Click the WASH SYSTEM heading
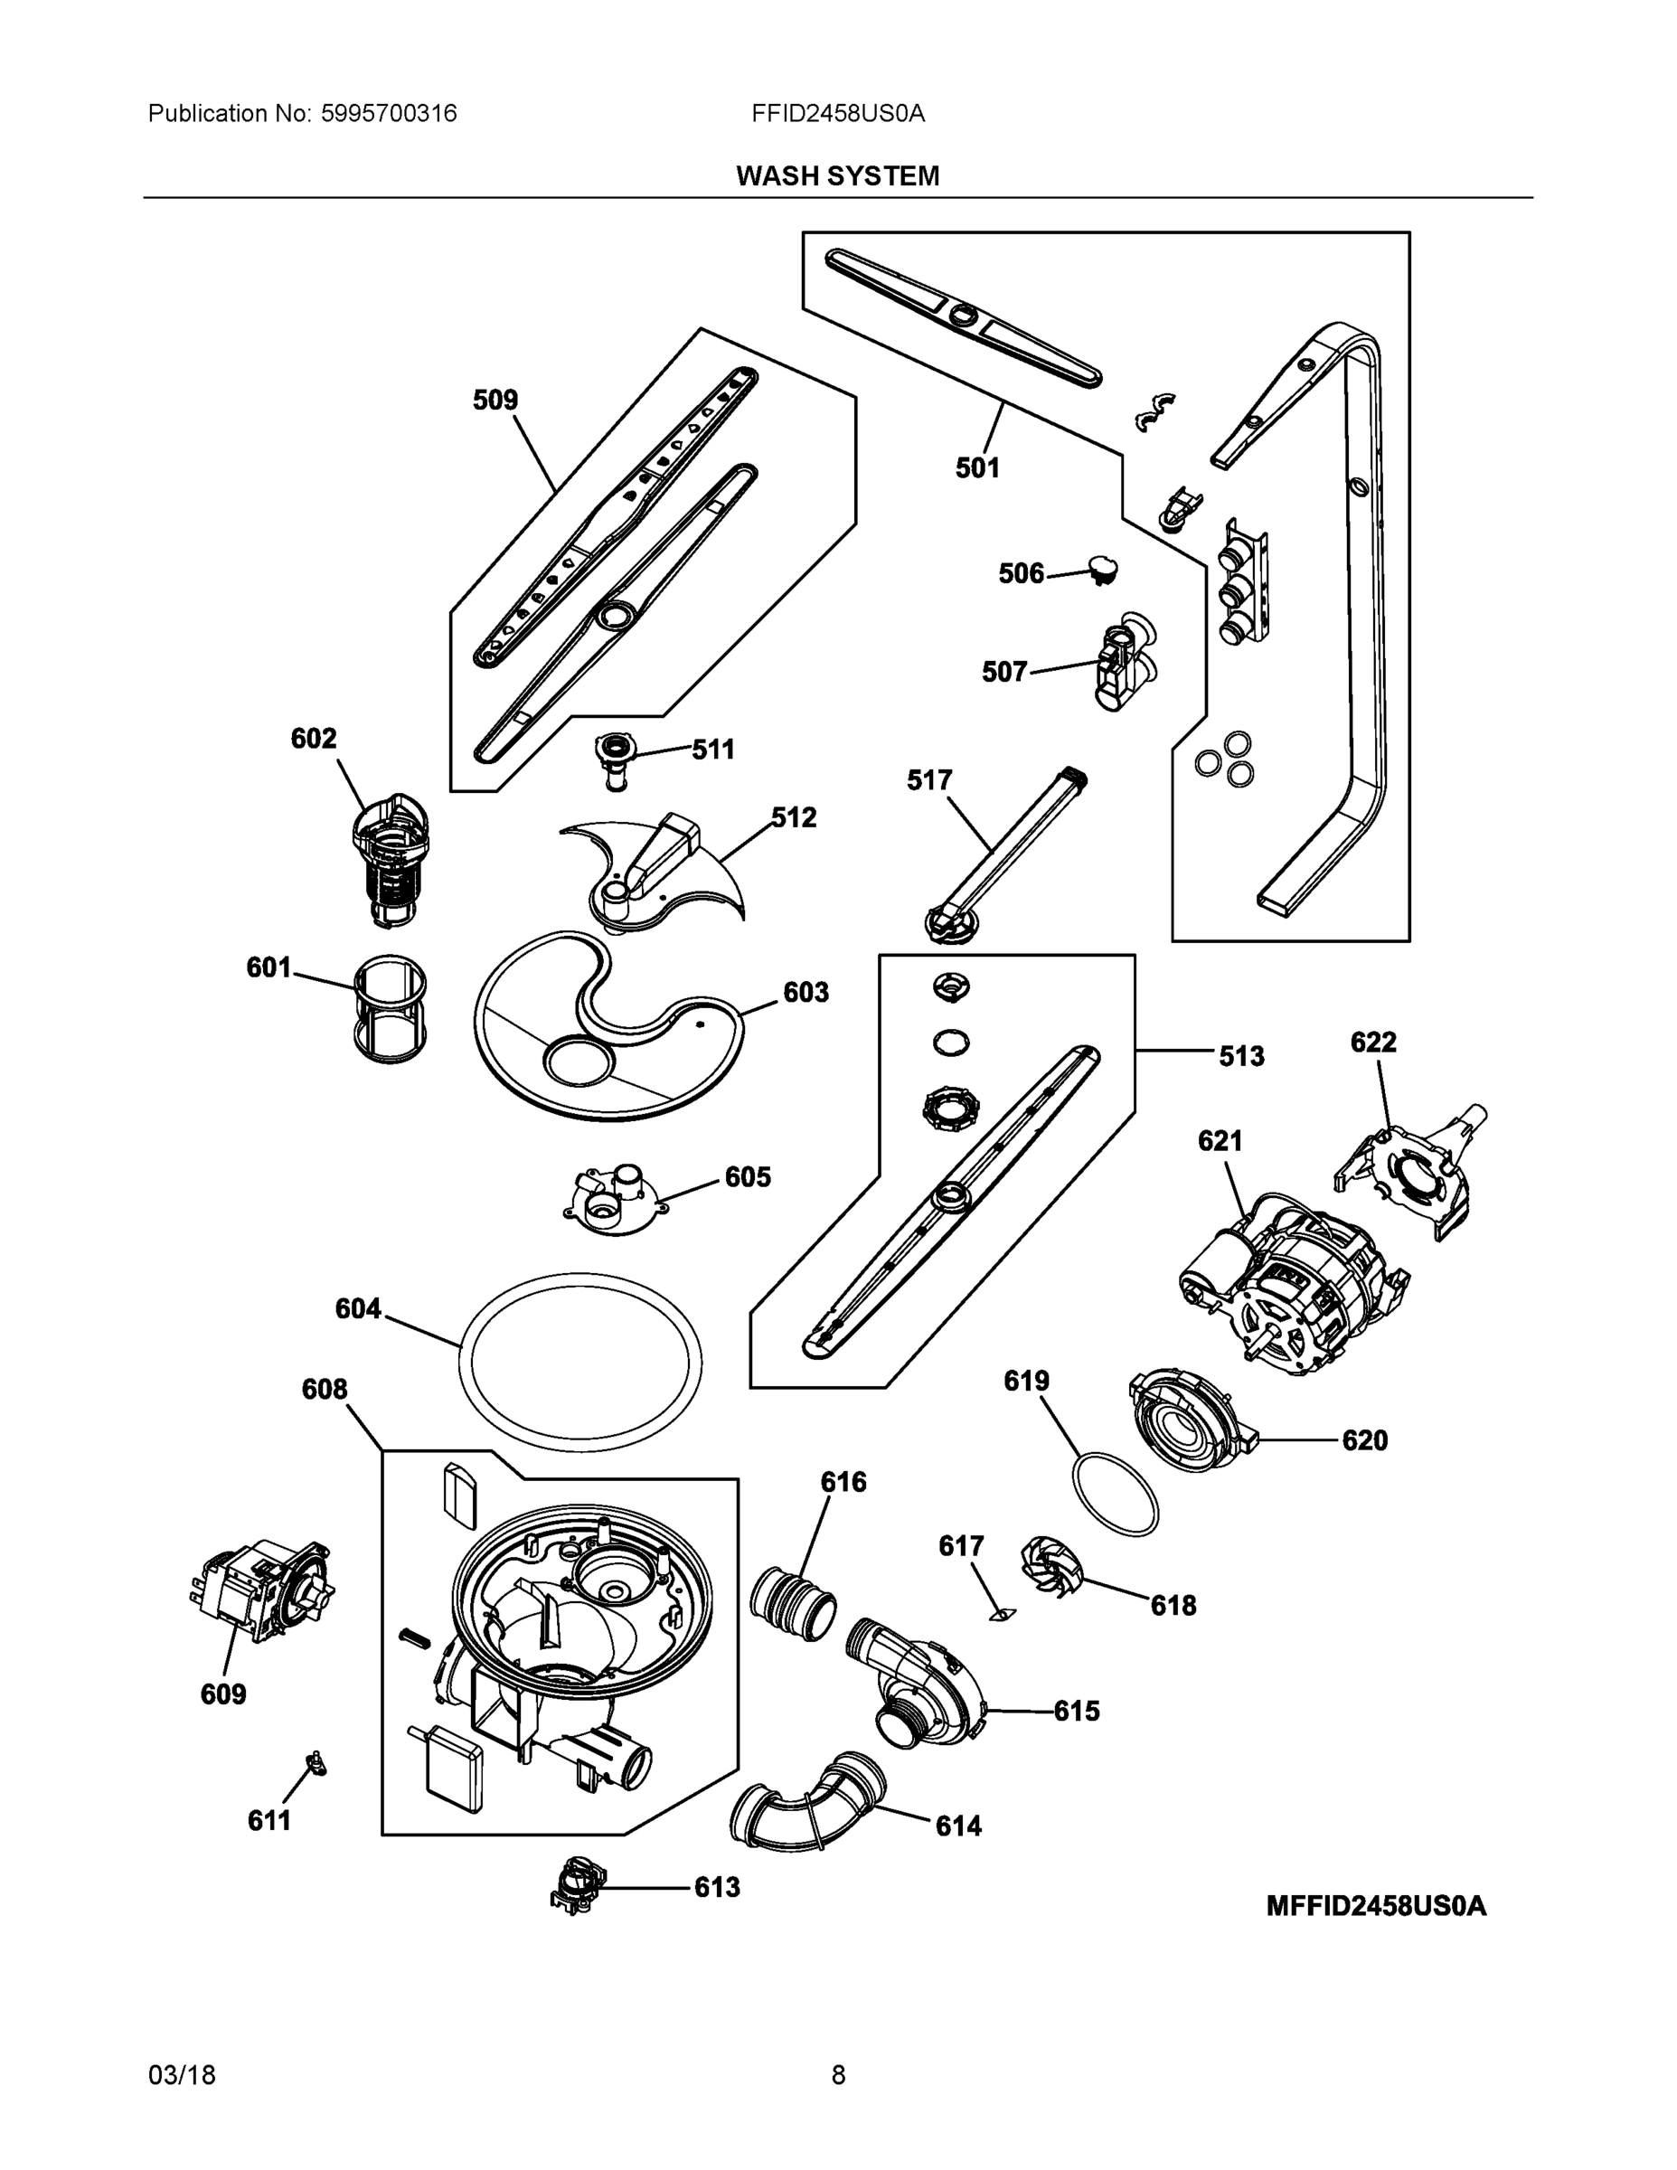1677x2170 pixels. [x=836, y=176]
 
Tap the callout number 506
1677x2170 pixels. [x=1021, y=573]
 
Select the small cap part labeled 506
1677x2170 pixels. [x=1102, y=569]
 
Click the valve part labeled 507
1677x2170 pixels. [x=1126, y=661]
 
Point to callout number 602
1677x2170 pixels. [x=313, y=738]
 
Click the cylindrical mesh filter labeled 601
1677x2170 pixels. [x=391, y=1009]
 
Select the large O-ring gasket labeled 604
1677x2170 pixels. [x=580, y=1360]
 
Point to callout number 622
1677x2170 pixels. [x=1373, y=1043]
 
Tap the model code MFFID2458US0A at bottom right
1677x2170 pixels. [x=1375, y=1906]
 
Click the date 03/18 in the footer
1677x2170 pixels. [x=182, y=2076]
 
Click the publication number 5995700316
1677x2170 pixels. [x=389, y=113]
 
